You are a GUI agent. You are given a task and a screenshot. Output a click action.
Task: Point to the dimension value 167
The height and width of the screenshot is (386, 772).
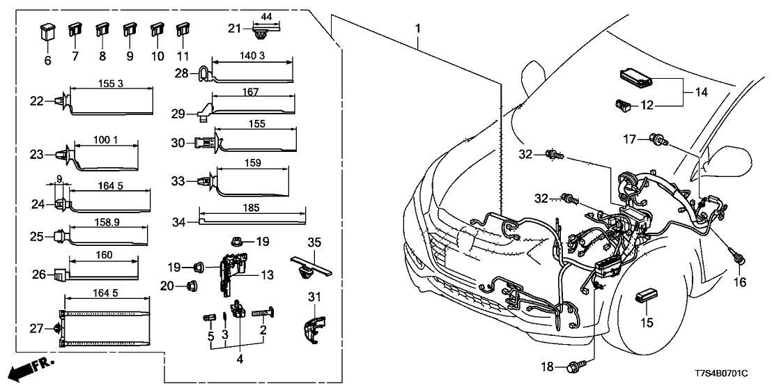[x=252, y=92]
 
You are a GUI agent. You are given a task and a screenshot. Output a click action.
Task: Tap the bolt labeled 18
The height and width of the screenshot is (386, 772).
[x=562, y=365]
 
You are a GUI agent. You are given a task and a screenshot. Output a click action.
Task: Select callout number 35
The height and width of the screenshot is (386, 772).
[x=314, y=242]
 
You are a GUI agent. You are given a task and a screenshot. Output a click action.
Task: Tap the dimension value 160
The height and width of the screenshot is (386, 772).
[x=102, y=255]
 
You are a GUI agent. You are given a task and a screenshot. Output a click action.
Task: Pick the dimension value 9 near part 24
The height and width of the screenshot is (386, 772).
[x=60, y=180]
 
